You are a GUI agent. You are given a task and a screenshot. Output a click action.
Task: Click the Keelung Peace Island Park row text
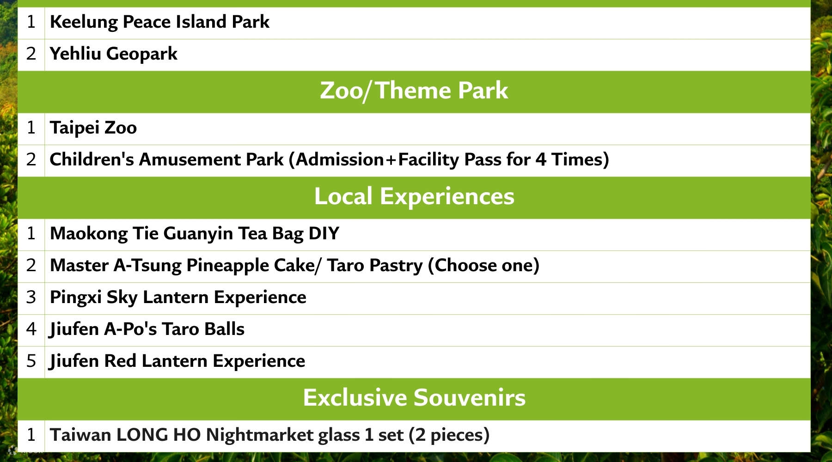click(x=159, y=22)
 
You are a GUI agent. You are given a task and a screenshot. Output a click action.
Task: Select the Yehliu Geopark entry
click(x=113, y=54)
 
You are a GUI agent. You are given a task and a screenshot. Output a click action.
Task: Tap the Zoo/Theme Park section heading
click(x=414, y=91)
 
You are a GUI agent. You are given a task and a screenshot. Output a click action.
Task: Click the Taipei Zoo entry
click(x=93, y=128)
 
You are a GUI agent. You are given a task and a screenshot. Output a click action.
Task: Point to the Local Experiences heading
click(x=414, y=196)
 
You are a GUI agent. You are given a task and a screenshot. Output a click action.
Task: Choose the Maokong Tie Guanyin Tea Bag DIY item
click(x=194, y=234)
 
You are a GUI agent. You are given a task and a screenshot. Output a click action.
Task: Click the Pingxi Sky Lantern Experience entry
click(x=178, y=298)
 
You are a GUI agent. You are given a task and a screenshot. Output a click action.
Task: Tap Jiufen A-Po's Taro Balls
click(x=147, y=329)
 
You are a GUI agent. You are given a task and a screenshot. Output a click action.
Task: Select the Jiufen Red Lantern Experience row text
click(x=177, y=361)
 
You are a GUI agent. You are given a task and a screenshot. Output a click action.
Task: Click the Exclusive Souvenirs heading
click(x=414, y=398)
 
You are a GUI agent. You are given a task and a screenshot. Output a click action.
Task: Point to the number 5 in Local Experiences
click(x=31, y=361)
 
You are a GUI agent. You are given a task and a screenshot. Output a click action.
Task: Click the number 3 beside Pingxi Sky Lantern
click(x=31, y=298)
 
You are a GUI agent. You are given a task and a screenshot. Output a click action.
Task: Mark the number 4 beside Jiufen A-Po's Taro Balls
click(x=31, y=329)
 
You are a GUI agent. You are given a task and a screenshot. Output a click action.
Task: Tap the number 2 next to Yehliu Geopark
click(x=31, y=54)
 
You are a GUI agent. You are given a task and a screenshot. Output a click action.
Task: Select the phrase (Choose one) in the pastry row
click(x=483, y=266)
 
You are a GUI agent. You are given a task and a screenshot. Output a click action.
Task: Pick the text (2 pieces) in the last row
click(x=449, y=435)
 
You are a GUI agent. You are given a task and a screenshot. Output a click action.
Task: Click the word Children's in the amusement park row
click(x=92, y=160)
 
